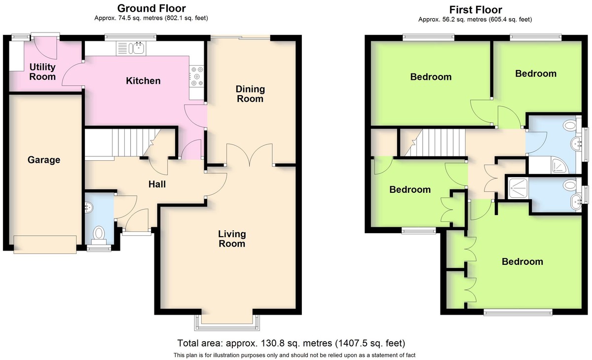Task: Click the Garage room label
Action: pyautogui.click(x=44, y=160)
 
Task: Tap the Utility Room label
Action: pyautogui.click(x=42, y=72)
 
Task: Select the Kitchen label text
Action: pyautogui.click(x=143, y=80)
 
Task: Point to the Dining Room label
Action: pyautogui.click(x=250, y=94)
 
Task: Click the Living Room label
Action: pyautogui.click(x=232, y=239)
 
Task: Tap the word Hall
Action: pyautogui.click(x=157, y=184)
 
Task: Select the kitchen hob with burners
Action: pyautogui.click(x=197, y=76)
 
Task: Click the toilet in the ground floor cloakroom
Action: pyautogui.click(x=99, y=235)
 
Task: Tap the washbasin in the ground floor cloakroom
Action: pyautogui.click(x=89, y=207)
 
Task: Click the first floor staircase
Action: pyautogui.click(x=433, y=143)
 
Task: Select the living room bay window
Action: pyautogui.click(x=227, y=323)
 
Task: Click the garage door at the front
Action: pyautogui.click(x=45, y=245)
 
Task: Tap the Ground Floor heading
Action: pyautogui.click(x=151, y=8)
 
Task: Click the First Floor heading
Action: pyautogui.click(x=476, y=10)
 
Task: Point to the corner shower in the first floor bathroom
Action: pyautogui.click(x=558, y=166)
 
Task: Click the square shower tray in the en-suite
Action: pyautogui.click(x=518, y=188)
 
